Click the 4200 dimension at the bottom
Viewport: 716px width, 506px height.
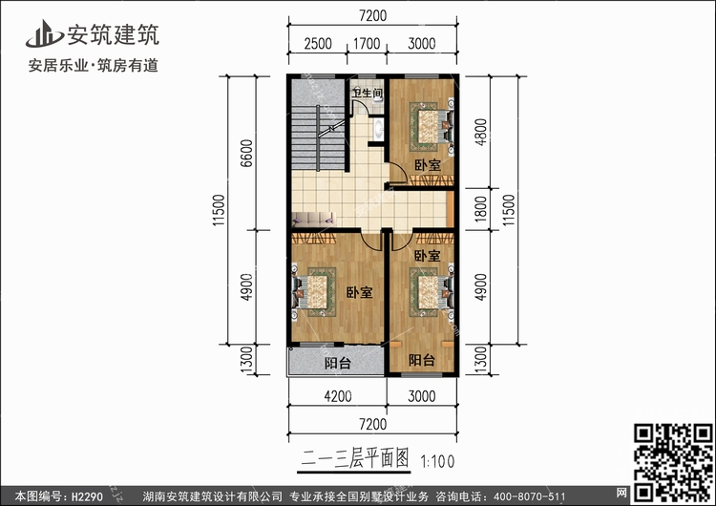pyautogui.click(x=336, y=396)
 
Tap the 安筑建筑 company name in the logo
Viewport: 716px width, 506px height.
pyautogui.click(x=112, y=35)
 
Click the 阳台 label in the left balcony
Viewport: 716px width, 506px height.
pyautogui.click(x=336, y=363)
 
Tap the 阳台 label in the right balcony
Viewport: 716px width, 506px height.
pyautogui.click(x=422, y=360)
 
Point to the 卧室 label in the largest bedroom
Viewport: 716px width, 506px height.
pyautogui.click(x=359, y=292)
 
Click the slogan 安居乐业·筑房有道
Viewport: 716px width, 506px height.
pyautogui.click(x=95, y=67)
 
